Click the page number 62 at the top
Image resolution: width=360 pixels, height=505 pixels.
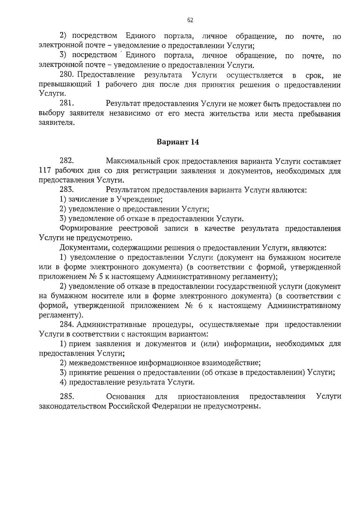[x=190, y=20]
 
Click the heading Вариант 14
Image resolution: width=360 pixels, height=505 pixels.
[x=178, y=142]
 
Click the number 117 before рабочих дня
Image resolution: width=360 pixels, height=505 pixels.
[x=45, y=171]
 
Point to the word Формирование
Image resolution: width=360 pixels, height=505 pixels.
[x=86, y=229]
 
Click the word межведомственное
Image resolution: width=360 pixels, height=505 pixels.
[x=103, y=363]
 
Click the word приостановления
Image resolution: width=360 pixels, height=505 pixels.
[x=208, y=396]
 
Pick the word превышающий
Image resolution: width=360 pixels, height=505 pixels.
[x=65, y=85]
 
